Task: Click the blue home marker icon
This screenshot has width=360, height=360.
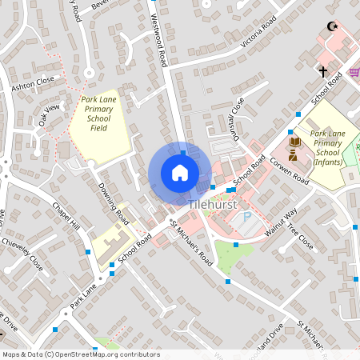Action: [180, 173]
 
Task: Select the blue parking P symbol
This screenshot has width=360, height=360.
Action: [247, 217]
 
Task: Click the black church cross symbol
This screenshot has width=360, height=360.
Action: [323, 72]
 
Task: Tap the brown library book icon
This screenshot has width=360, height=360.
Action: [294, 142]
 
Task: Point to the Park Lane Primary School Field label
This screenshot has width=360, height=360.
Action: [99, 114]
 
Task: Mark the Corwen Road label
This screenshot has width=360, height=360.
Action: [289, 170]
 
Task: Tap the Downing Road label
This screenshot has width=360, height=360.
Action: [113, 202]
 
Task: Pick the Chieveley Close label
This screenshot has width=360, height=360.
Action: [22, 250]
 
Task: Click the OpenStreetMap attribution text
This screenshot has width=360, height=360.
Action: [81, 354]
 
